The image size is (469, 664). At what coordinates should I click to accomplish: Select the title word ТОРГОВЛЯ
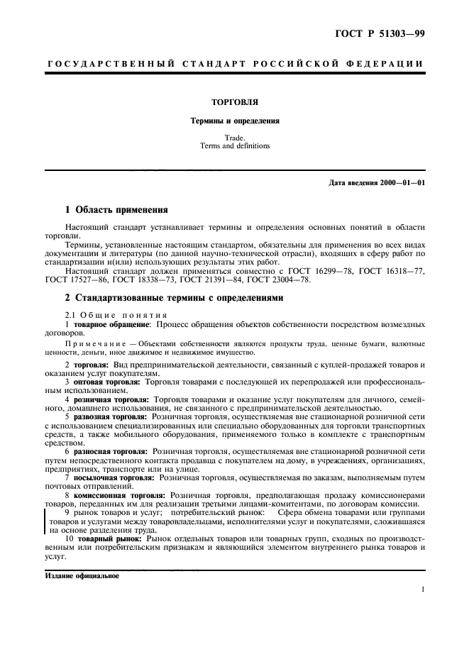point(234,102)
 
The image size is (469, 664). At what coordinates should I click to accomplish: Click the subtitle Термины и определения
point(234,121)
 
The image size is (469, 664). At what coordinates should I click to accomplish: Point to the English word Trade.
point(234,138)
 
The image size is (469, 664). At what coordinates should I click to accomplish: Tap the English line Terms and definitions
point(234,146)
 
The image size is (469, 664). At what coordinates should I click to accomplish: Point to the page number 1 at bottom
point(422,590)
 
